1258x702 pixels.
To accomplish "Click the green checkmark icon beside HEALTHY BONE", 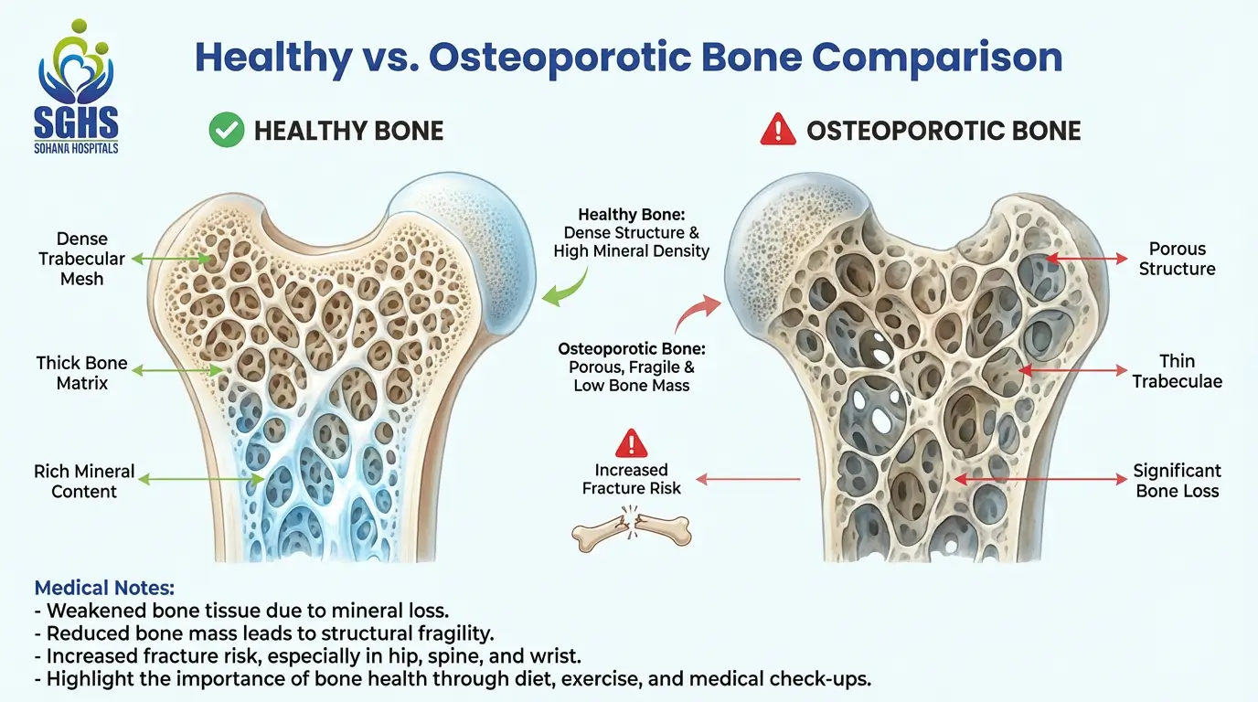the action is click(227, 130).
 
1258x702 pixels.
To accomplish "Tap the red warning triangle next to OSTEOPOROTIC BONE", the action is click(778, 130).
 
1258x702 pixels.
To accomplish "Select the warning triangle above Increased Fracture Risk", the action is click(631, 443).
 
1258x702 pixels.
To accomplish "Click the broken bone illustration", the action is click(631, 529).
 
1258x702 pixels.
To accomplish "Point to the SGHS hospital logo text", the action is click(76, 123).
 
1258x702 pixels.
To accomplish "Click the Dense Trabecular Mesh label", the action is click(82, 259).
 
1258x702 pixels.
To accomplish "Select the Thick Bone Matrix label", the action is click(82, 373).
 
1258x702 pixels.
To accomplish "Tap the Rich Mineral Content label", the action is click(84, 482).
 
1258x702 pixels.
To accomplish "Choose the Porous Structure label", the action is click(1178, 259).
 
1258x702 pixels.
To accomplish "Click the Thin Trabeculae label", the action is click(1178, 371).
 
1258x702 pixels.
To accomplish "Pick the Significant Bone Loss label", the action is click(1178, 481).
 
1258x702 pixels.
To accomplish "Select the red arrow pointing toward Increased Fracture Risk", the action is click(748, 480).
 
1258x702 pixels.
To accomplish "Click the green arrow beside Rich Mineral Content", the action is click(201, 479).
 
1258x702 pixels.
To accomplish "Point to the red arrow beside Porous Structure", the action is click(1086, 259).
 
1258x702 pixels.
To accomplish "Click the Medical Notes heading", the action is click(104, 588).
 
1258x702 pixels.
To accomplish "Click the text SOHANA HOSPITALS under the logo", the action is click(76, 148).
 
